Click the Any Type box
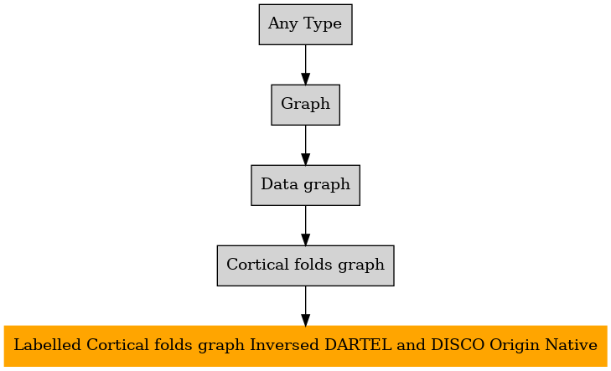point(305,24)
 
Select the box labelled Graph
point(305,105)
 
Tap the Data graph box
point(305,185)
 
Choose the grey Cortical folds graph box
point(305,265)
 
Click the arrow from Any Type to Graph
point(305,64)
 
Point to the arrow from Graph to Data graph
point(305,145)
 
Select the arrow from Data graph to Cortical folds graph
point(305,225)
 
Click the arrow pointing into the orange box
point(305,306)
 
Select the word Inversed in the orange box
point(285,344)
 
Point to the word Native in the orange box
point(571,344)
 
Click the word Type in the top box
point(322,24)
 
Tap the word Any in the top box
point(283,24)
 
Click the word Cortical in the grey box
point(258,264)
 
